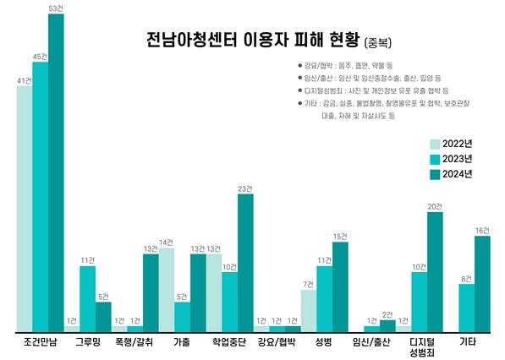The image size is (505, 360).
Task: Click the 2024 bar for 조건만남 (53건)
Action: point(56,172)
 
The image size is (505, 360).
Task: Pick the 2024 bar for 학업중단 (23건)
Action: point(245,262)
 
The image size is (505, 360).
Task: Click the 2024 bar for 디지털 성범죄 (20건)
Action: point(436,271)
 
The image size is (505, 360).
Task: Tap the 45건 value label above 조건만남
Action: point(40,57)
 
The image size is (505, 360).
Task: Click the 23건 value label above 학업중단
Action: point(245,188)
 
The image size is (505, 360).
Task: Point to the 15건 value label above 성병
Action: point(340,236)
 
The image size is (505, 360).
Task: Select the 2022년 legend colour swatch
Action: point(436,144)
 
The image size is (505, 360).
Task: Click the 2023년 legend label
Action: point(459,159)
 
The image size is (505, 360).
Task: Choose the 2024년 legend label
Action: point(459,174)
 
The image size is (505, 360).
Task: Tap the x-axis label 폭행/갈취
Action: point(134,342)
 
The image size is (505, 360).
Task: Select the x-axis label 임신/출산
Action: point(372,342)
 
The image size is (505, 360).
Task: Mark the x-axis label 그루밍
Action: point(87,342)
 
